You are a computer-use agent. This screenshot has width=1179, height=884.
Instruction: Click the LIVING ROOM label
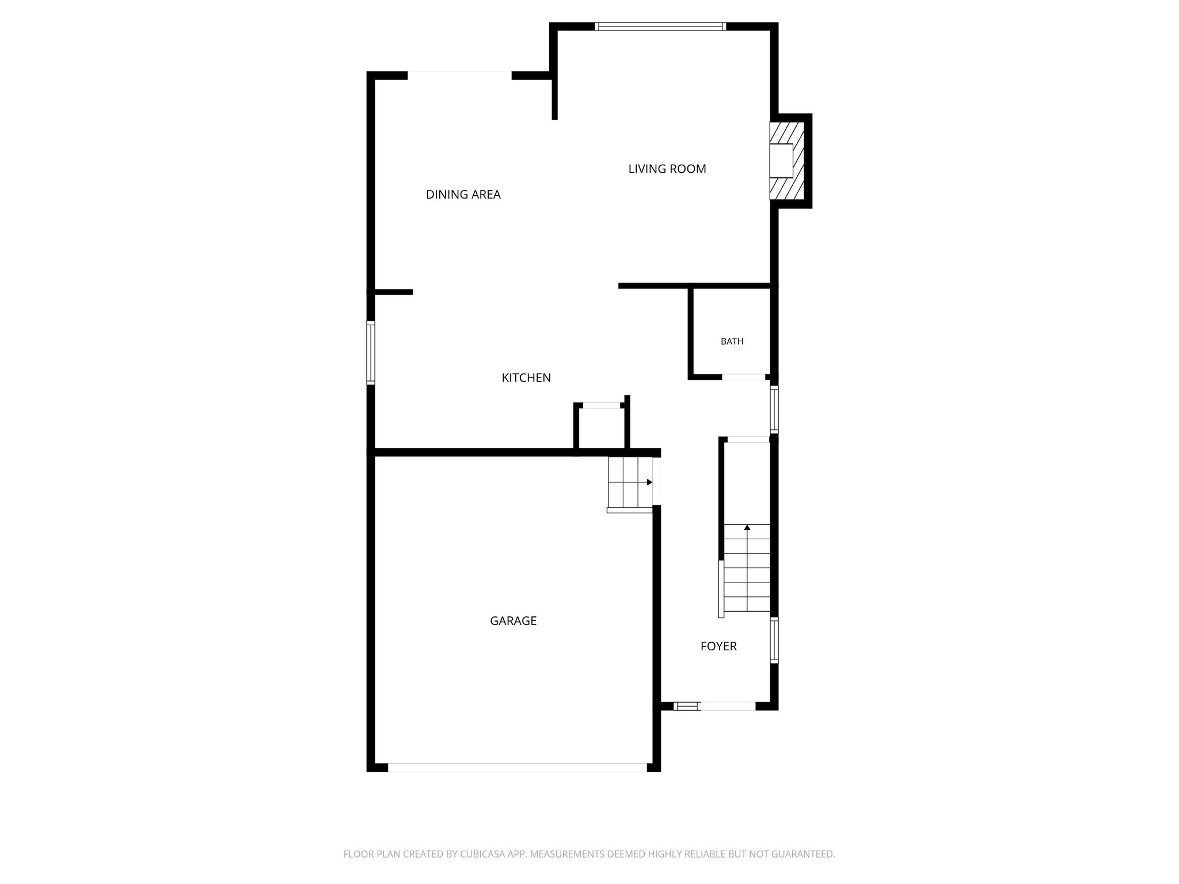667,169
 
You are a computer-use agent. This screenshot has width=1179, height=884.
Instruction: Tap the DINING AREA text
463,195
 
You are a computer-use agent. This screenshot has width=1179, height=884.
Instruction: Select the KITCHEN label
526,378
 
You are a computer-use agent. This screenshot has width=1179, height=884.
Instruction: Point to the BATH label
732,341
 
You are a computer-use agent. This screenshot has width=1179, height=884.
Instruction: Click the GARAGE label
513,620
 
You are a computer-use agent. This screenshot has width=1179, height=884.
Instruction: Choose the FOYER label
718,646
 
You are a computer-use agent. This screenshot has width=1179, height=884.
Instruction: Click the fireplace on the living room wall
786,161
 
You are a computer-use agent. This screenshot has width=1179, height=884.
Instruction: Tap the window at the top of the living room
660,26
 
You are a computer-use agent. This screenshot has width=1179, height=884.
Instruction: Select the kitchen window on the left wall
371,352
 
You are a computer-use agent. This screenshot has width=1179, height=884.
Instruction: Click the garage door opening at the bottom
518,767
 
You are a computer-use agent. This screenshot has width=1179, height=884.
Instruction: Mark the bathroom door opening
744,377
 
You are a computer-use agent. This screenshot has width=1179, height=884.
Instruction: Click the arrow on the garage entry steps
650,482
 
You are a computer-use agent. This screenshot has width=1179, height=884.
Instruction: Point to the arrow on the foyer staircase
747,527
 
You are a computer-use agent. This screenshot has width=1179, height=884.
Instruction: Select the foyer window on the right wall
774,640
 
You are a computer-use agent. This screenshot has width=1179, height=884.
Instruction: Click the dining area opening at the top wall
459,75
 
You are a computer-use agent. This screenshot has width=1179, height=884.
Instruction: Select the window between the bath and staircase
774,409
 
